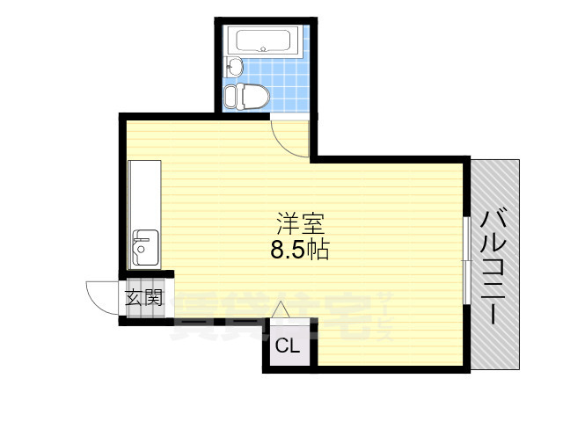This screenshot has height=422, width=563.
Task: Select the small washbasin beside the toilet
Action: (234, 65)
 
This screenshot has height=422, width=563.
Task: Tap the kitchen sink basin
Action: (145, 246)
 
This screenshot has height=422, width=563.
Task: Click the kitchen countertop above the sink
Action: (144, 193)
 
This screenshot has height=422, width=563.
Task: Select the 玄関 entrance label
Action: (143, 297)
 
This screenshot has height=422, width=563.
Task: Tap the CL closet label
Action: (288, 346)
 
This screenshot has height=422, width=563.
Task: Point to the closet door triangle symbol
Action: (281, 309)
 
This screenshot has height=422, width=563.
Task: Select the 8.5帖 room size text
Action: (299, 250)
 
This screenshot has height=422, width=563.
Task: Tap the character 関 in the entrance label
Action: (153, 297)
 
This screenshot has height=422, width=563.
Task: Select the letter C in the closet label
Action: (281, 346)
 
